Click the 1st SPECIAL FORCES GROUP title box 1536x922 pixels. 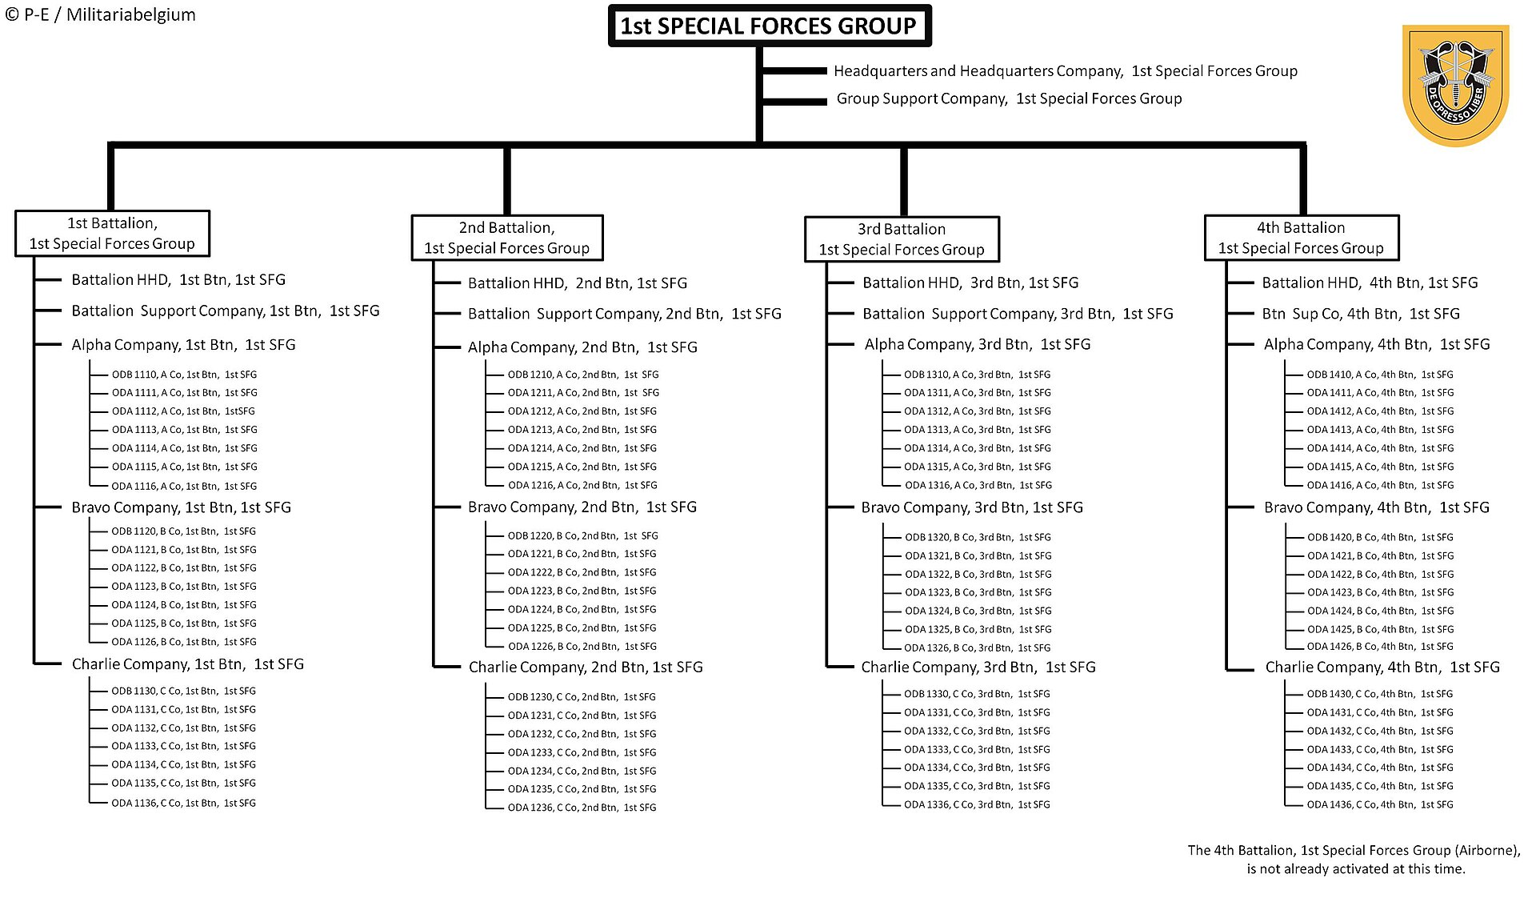(770, 26)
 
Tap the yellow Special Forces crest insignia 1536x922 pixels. (1455, 85)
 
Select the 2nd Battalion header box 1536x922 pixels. (507, 238)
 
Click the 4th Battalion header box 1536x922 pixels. (1302, 238)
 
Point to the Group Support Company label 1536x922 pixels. (1009, 98)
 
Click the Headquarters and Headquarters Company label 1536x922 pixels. (1066, 71)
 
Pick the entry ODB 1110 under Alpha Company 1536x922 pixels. (184, 375)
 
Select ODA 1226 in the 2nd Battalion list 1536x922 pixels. (582, 647)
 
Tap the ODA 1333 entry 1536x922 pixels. (977, 750)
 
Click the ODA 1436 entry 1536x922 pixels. (1380, 805)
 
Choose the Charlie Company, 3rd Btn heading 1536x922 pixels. (978, 667)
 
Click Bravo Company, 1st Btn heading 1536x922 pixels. (182, 507)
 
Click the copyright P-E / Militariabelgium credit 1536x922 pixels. (100, 14)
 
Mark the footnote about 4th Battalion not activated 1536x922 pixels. (1354, 860)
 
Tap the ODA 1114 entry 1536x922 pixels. (184, 448)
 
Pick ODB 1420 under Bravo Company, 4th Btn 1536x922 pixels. (1381, 538)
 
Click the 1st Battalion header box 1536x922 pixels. (112, 234)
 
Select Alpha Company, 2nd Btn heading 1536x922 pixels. (582, 347)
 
